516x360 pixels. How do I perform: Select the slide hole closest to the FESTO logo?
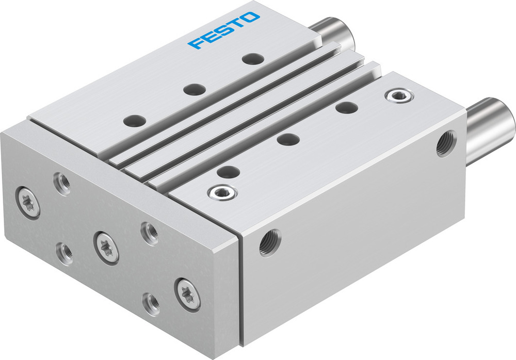point(252,59)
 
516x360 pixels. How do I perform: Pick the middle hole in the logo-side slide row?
point(193,89)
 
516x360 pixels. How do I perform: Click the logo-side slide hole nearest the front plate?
point(134,120)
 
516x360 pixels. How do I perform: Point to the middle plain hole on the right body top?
point(287,139)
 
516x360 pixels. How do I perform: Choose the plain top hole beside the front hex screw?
point(228,171)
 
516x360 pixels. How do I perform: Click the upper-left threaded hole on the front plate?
point(63,184)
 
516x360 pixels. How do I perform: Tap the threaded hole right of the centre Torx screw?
point(149,233)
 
